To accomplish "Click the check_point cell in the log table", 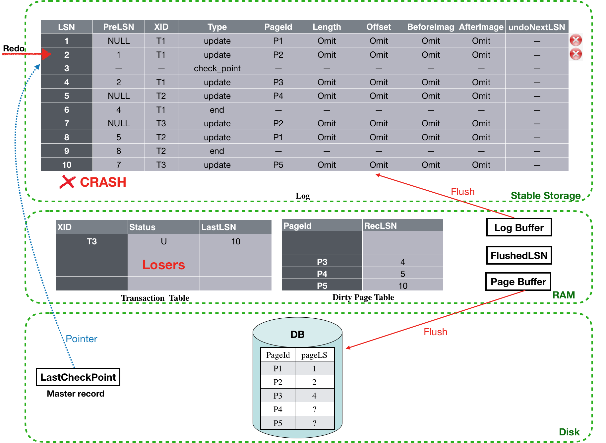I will (217, 68).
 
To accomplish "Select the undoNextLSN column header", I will (537, 27).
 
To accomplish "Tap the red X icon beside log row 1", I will (576, 40).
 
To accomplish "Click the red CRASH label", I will (103, 182).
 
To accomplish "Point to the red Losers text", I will (163, 265).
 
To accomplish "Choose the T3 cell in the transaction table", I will (92, 241).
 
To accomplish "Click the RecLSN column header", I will (380, 226).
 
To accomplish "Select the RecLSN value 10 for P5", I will (402, 285).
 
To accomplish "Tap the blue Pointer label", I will (81, 339).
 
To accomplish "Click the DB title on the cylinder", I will (297, 334).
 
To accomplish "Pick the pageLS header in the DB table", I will (314, 355).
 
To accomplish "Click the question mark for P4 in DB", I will (314, 410).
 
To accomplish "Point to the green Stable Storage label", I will (545, 196).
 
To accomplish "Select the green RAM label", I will (564, 295).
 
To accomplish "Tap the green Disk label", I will (569, 432).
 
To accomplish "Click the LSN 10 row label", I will (67, 165).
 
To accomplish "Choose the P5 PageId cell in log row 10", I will (278, 165).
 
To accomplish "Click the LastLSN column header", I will (219, 227).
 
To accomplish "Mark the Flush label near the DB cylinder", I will (435, 332).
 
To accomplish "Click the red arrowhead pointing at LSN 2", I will (47, 54).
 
